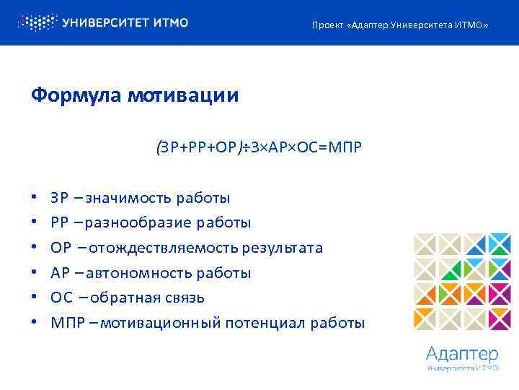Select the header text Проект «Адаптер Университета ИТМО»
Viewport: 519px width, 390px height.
pyautogui.click(x=399, y=26)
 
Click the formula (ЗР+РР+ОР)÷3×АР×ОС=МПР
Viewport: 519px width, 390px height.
pyautogui.click(x=259, y=147)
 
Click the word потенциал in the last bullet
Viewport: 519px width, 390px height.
pyautogui.click(x=259, y=323)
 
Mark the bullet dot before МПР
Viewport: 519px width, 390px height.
pyautogui.click(x=34, y=323)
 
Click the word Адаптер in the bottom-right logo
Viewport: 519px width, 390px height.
pyautogui.click(x=462, y=354)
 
